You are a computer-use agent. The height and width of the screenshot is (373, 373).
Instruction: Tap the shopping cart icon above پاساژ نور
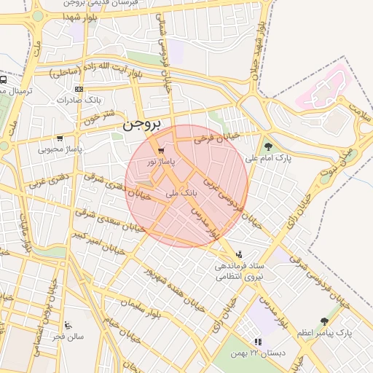pyautogui.click(x=152, y=150)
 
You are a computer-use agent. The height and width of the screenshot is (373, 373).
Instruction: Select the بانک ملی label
pyautogui.click(x=181, y=193)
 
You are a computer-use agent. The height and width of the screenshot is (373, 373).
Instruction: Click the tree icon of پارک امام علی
pyautogui.click(x=268, y=146)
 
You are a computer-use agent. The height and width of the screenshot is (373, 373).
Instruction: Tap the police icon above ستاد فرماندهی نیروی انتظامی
pyautogui.click(x=239, y=254)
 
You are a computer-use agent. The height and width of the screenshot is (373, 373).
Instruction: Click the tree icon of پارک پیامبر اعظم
pyautogui.click(x=324, y=321)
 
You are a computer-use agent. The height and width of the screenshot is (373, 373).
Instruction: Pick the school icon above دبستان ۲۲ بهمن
pyautogui.click(x=257, y=342)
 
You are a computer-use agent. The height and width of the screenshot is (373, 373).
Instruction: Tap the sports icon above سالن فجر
pyautogui.click(x=68, y=325)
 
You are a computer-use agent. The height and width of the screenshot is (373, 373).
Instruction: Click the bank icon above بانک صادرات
pyautogui.click(x=79, y=88)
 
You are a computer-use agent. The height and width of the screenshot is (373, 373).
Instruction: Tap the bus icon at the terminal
pyautogui.click(x=4, y=80)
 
